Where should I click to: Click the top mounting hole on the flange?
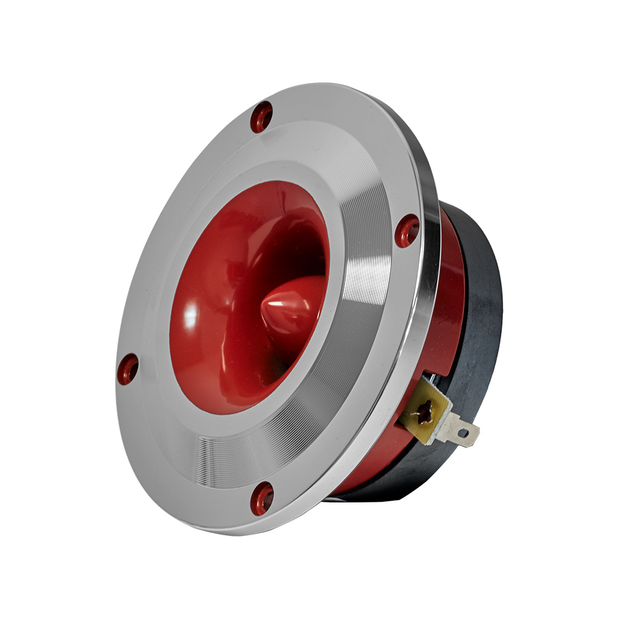click(x=261, y=116)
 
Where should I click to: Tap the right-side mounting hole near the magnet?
click(x=407, y=231)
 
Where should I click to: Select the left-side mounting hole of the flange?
click(x=128, y=369)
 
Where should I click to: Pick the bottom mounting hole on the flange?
click(x=262, y=498)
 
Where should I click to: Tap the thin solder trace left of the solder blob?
click(x=415, y=413)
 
